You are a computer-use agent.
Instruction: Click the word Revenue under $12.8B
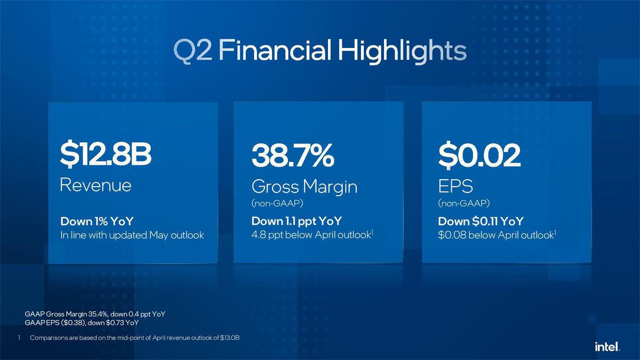pos(95,185)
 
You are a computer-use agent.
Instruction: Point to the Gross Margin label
pos(304,187)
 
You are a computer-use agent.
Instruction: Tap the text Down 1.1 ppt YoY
pos(297,221)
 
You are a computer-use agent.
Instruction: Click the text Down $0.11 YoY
pos(481,221)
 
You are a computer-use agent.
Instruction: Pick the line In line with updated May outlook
pos(132,235)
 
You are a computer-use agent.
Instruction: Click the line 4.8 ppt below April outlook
pos(311,235)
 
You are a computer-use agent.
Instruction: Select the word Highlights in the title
pos(401,51)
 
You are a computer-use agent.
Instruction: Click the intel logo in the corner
pos(606,347)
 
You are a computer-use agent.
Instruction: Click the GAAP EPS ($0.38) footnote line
pos(82,322)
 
